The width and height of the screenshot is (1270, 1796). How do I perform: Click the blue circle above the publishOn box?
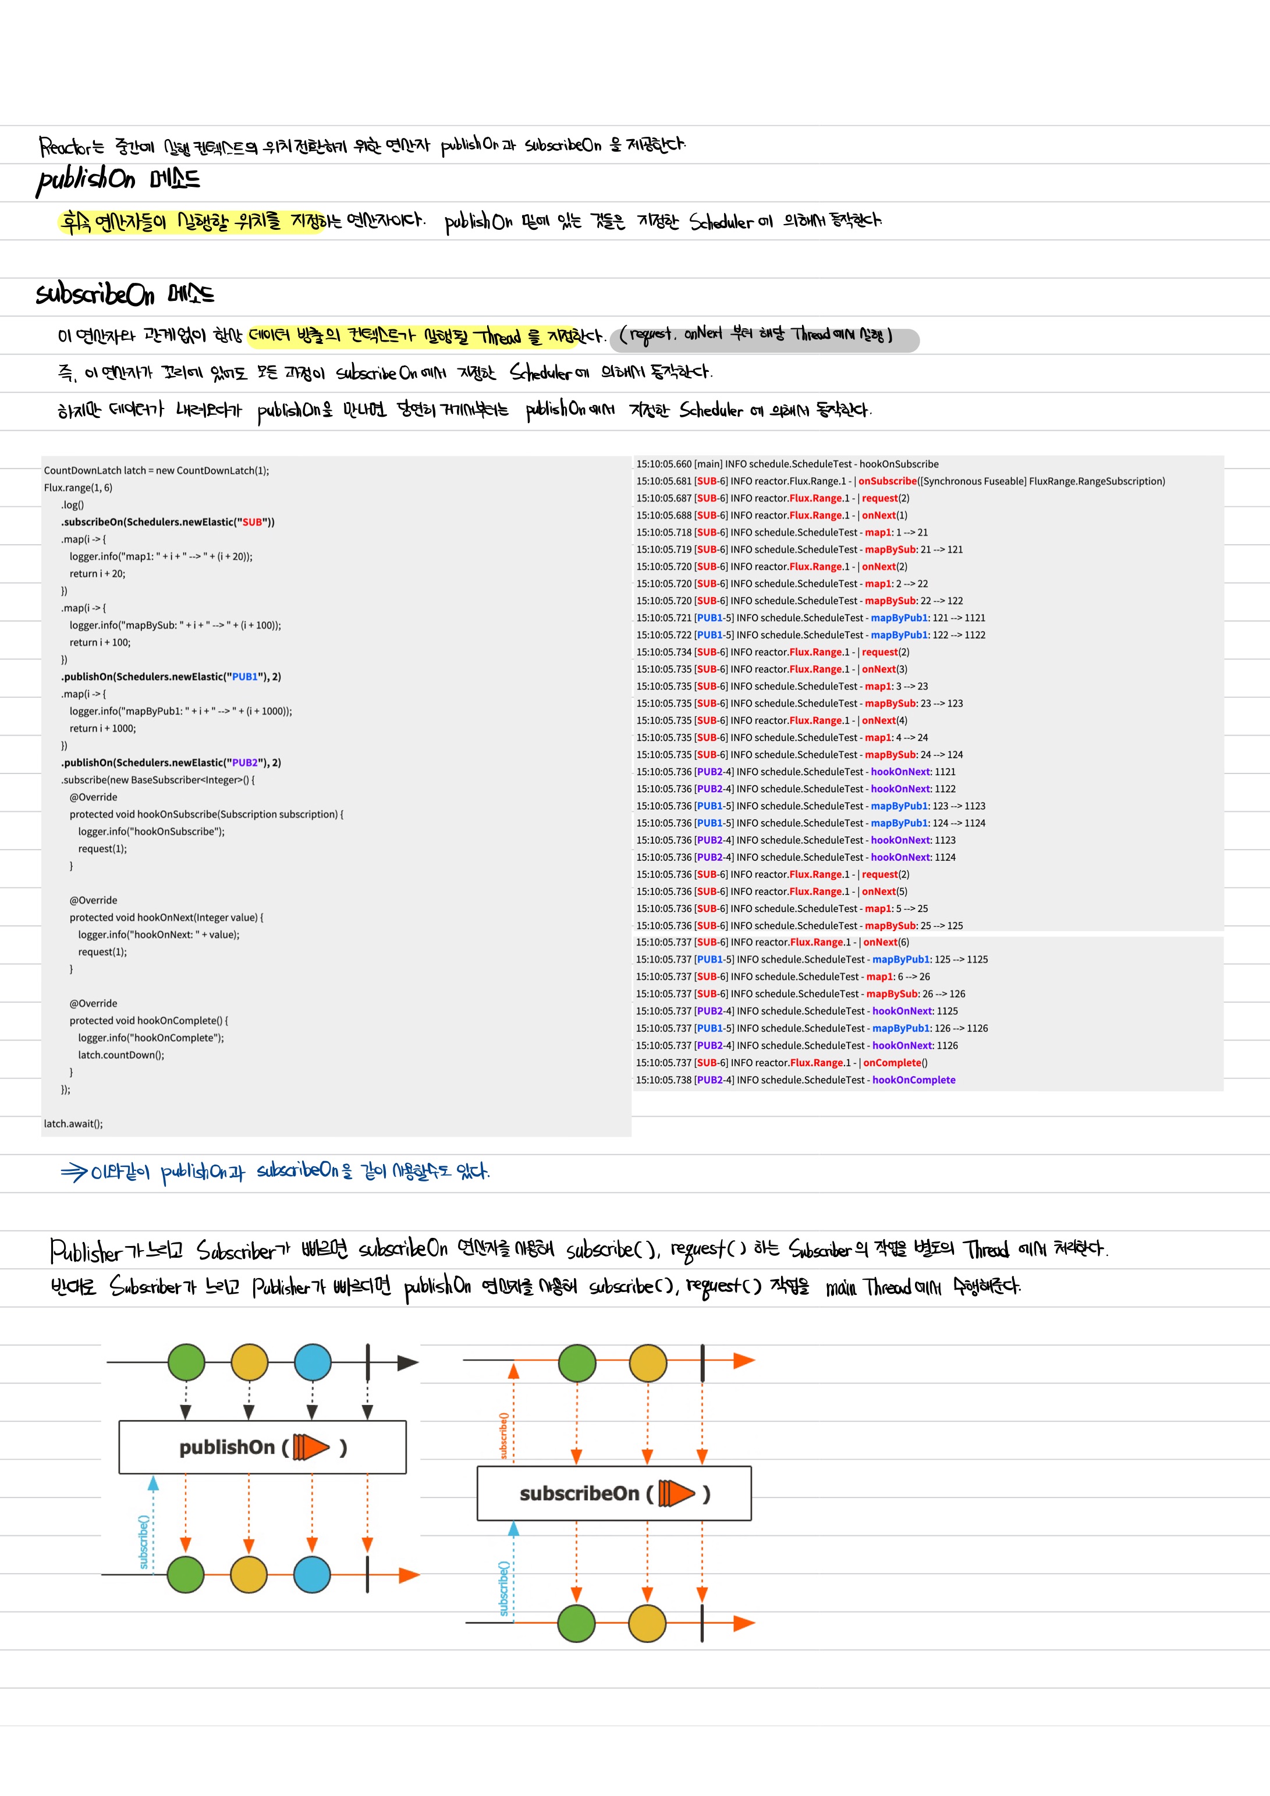point(312,1362)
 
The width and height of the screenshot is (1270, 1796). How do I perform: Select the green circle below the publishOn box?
point(186,1575)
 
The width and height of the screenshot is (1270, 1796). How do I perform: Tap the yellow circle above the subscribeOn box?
point(648,1362)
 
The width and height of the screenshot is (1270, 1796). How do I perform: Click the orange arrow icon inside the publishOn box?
point(311,1447)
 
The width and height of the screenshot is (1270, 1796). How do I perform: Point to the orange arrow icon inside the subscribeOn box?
point(677,1493)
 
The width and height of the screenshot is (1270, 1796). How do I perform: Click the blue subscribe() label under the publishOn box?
point(143,1541)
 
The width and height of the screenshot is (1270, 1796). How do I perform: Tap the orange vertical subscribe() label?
point(504,1435)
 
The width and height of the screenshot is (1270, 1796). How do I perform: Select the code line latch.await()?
point(73,1123)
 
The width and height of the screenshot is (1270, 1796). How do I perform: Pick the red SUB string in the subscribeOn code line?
point(252,521)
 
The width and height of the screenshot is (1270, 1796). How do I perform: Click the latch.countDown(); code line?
point(121,1055)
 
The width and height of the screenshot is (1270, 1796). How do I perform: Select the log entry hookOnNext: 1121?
point(913,771)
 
